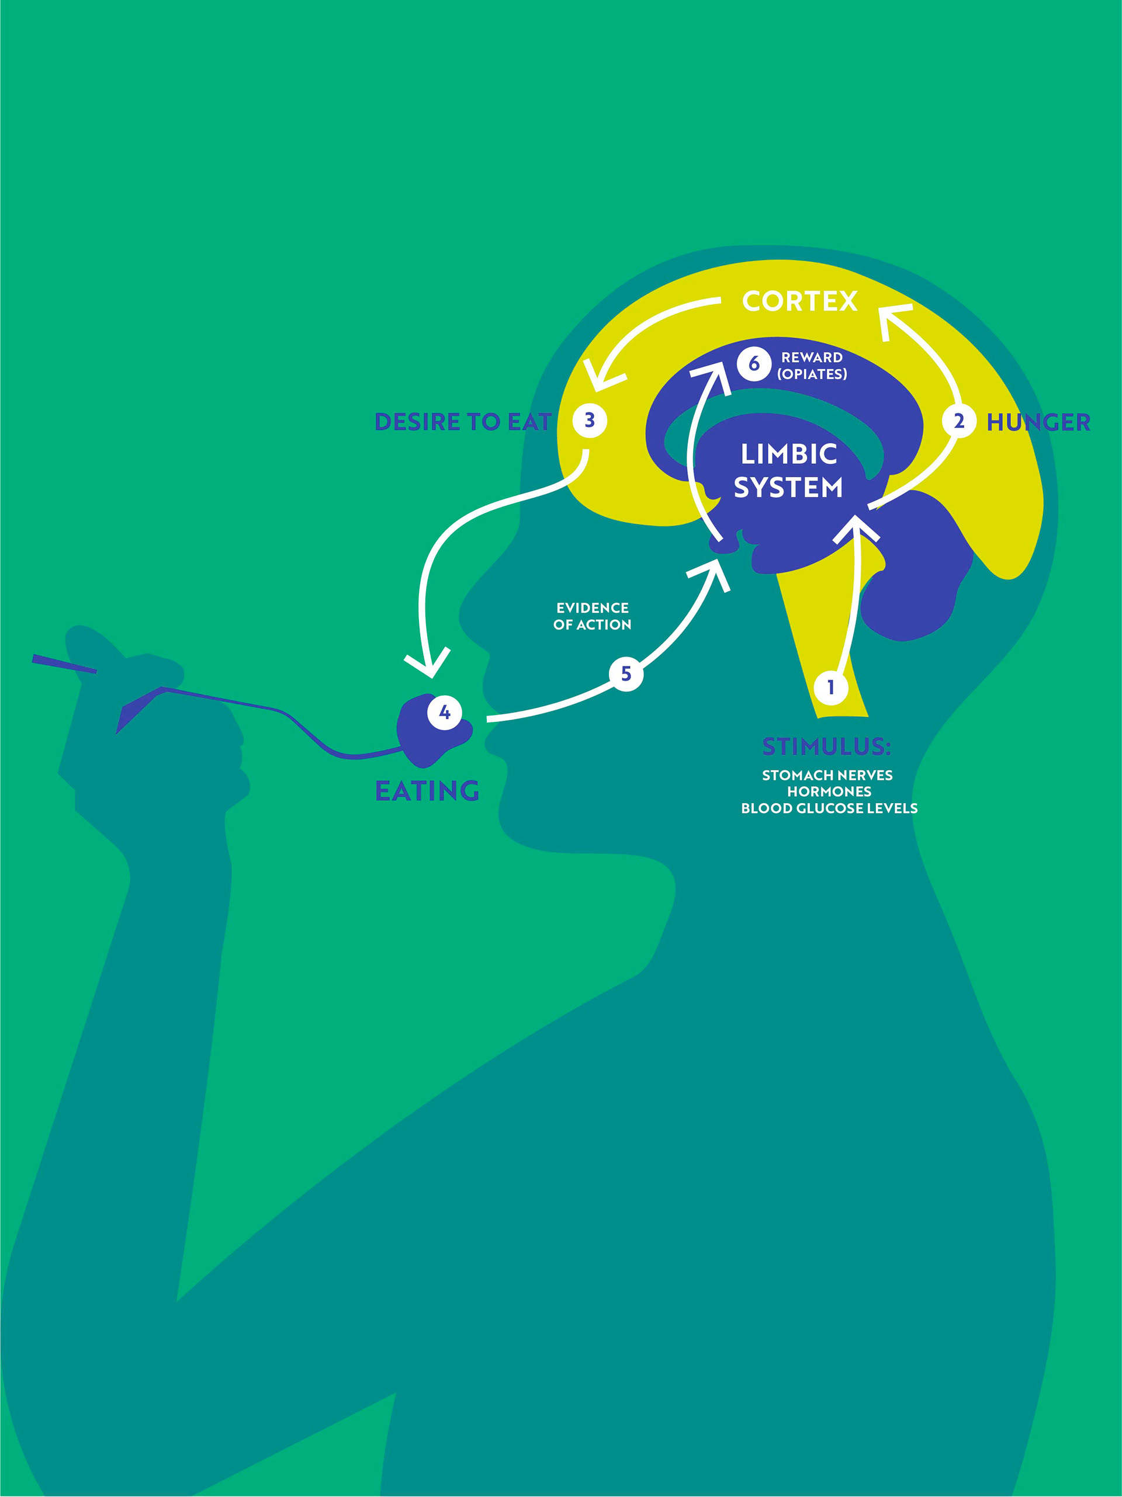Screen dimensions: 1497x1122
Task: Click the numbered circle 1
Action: pos(830,687)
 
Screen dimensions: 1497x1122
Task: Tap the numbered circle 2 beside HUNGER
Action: pos(958,421)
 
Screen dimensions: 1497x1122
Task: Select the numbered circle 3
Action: pos(589,421)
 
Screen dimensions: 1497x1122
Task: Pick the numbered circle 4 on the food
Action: pos(444,712)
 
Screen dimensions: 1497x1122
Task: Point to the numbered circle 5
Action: pos(626,674)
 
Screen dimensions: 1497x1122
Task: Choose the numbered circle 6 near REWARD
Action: pos(754,364)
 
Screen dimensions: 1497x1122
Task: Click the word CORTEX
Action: pos(799,301)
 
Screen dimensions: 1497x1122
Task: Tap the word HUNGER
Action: pos(1038,422)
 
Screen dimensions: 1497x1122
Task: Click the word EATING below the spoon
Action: pos(427,790)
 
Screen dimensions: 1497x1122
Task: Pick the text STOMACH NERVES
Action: pos(827,776)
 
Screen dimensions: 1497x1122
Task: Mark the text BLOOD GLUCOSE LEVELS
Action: pos(829,808)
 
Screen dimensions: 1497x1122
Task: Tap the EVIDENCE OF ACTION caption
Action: pos(593,616)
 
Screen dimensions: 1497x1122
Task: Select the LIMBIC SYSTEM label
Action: pos(788,471)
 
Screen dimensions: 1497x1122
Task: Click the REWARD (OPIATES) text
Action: pos(812,366)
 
